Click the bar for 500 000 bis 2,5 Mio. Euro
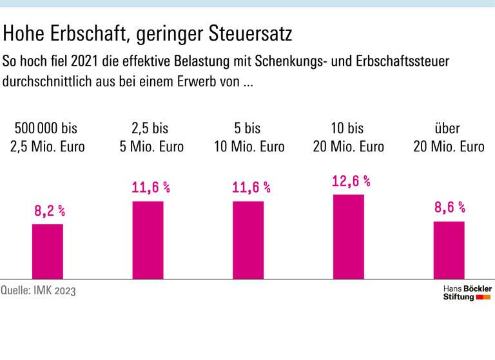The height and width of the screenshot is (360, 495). click(x=48, y=251)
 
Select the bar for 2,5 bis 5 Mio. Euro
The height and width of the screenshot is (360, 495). click(x=148, y=240)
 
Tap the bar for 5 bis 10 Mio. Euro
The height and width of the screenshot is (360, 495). click(x=248, y=240)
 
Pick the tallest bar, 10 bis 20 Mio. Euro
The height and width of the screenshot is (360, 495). click(x=349, y=236)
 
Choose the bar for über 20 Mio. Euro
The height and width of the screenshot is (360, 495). click(x=449, y=250)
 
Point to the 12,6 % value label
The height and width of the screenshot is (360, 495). click(x=351, y=181)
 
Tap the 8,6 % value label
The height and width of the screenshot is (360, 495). click(x=449, y=207)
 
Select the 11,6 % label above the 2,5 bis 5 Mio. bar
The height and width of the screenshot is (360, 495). click(x=150, y=187)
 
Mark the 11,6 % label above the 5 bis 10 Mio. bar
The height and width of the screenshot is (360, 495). click(x=250, y=187)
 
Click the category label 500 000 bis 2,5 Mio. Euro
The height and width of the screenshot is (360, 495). click(x=48, y=137)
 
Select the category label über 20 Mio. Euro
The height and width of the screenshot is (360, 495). click(x=449, y=137)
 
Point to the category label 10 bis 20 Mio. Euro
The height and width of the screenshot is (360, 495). click(x=349, y=137)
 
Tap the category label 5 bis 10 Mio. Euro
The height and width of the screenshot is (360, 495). click(x=249, y=137)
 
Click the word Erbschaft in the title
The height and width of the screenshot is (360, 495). click(x=87, y=32)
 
